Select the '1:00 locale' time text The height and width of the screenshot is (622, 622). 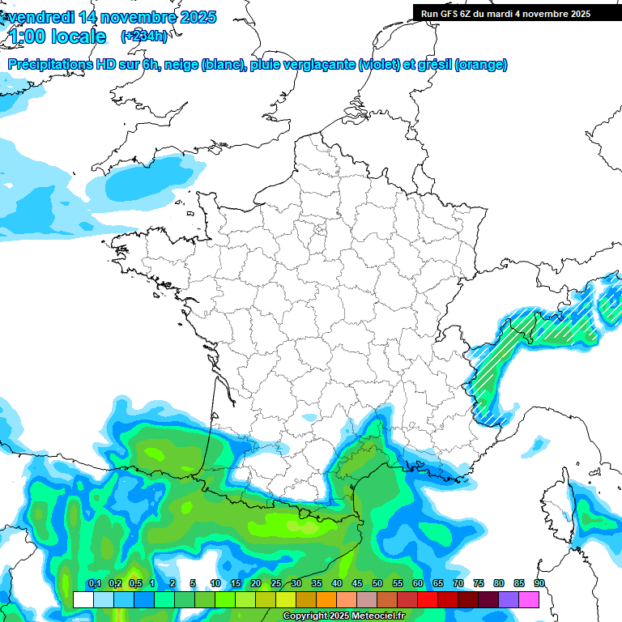(x=57, y=36)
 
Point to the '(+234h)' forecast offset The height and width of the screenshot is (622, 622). (x=143, y=36)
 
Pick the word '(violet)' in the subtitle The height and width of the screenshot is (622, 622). (x=378, y=65)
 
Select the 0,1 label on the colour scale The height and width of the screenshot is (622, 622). (x=95, y=584)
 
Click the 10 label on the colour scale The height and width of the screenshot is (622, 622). (x=215, y=584)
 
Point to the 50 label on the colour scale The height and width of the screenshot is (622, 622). (x=377, y=584)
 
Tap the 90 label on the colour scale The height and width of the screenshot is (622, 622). (x=539, y=584)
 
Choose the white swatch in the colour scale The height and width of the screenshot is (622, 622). (x=83, y=599)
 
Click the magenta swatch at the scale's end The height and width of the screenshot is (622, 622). (x=529, y=599)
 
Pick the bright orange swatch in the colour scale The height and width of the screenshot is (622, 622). (x=326, y=599)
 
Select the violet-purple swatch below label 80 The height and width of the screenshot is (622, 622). (x=509, y=599)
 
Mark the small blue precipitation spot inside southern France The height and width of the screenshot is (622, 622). (x=309, y=418)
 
